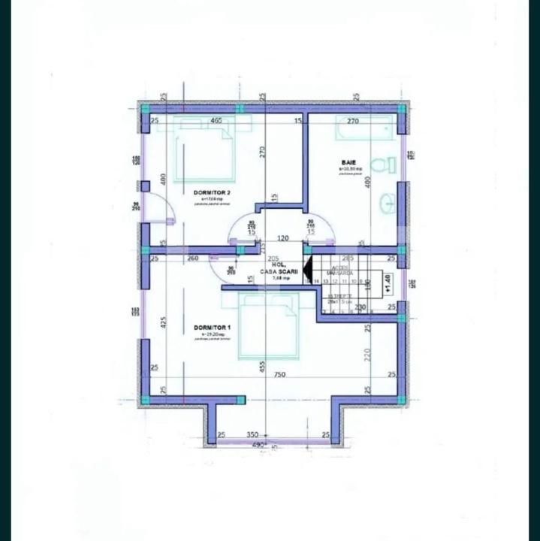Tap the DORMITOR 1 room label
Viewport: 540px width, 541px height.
pos(212,328)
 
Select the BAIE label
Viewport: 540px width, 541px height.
pos(348,162)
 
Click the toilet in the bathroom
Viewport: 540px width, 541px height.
pos(388,165)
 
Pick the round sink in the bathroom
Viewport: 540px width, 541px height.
pos(388,201)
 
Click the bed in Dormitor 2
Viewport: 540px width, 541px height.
pos(202,153)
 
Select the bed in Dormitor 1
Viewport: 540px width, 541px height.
pos(268,325)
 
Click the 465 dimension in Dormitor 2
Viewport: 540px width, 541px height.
pos(216,120)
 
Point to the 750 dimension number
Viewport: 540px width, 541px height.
pos(279,374)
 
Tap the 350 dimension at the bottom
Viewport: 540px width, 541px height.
pos(253,434)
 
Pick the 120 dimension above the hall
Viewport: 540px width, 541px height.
pos(282,237)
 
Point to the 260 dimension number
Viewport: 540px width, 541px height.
pos(192,258)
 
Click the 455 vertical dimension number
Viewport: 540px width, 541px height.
pos(262,367)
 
